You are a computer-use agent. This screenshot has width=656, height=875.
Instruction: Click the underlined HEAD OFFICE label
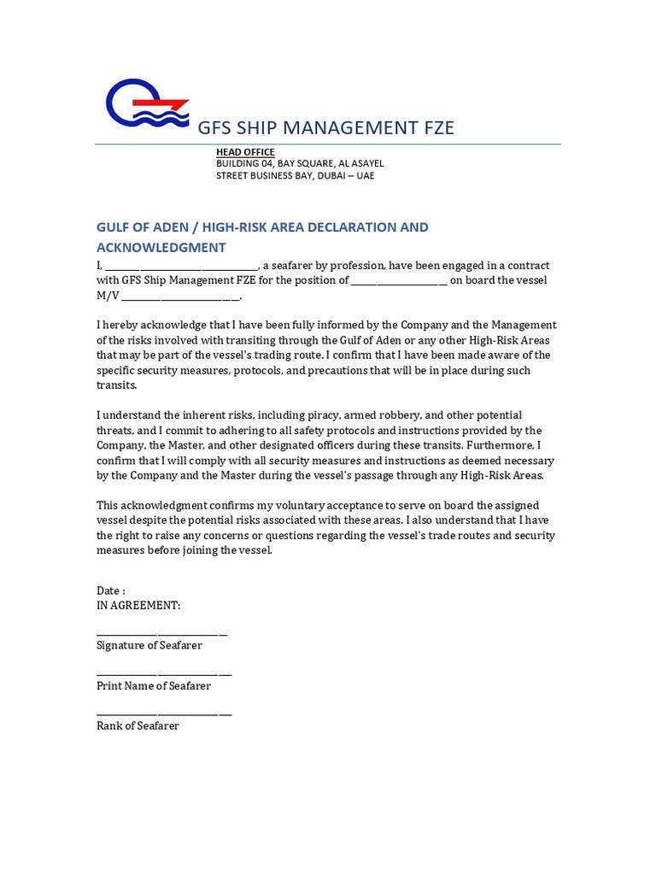coord(245,152)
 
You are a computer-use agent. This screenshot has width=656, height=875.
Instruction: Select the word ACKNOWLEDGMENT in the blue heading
coord(161,248)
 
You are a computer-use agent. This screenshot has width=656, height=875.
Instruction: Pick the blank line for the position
coord(399,280)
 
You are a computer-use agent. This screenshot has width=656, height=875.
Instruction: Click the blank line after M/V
coord(181,296)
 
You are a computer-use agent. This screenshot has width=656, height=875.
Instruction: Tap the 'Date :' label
coord(111,590)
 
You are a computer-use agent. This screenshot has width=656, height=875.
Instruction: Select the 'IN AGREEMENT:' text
coord(138,605)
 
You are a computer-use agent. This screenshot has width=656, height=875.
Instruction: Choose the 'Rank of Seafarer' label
coord(138,725)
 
